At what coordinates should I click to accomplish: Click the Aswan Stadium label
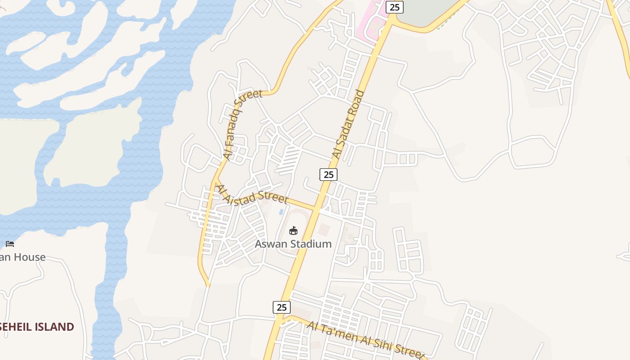[293, 244]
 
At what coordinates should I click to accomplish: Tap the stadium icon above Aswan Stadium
[293, 231]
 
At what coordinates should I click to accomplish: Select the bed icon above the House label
[10, 244]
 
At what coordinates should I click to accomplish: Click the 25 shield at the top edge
[395, 7]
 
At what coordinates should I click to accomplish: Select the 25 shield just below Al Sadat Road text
[328, 174]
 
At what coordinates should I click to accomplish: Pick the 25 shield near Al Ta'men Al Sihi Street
[281, 307]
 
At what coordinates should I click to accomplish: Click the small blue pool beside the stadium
[281, 211]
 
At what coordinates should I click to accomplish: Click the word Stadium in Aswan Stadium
[311, 244]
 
